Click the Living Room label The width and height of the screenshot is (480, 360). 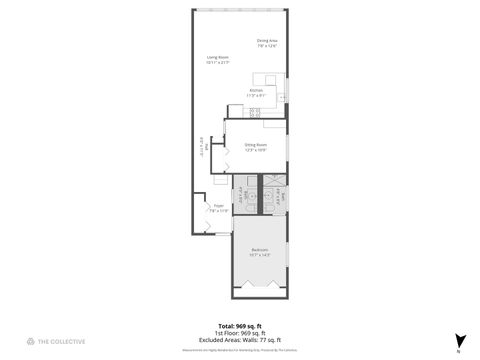point(218,58)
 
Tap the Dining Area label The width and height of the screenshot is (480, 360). point(267,41)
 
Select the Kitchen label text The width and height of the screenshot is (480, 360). point(257,90)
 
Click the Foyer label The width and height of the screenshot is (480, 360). point(218,206)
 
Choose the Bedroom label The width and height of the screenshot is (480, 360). point(259,249)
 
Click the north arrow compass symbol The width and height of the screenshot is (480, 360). point(458,340)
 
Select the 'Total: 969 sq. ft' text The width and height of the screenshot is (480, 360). point(239,326)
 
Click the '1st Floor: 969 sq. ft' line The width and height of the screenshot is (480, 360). point(239,332)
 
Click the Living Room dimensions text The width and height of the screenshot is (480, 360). point(218,63)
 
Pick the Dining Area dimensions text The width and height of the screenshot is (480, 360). point(267,46)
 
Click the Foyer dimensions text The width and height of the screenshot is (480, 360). point(218,211)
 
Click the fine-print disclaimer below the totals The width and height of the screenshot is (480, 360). point(239,349)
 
